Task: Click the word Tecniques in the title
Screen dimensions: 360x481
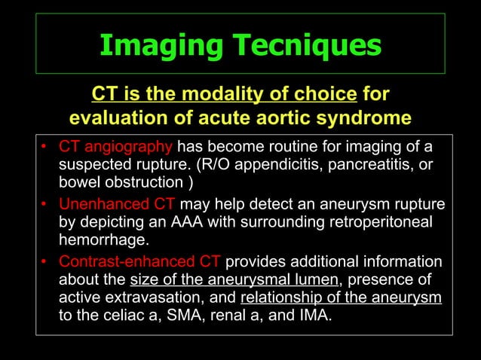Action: click(x=308, y=46)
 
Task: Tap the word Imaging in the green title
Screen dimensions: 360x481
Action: click(x=159, y=46)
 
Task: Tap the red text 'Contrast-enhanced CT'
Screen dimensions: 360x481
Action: click(x=139, y=263)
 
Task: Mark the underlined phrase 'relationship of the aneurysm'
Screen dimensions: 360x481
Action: click(x=341, y=298)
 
